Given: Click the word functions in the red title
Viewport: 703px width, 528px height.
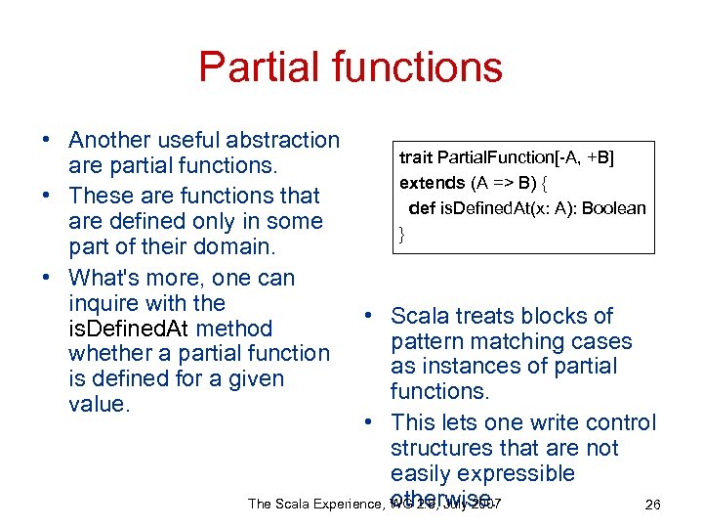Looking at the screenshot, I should (415, 66).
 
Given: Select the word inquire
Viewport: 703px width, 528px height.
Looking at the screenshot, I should (105, 303).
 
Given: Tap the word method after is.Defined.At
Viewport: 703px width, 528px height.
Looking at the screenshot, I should (233, 329).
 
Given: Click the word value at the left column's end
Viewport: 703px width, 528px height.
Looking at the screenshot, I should (98, 404).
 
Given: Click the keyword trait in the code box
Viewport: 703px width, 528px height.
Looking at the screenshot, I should (415, 157).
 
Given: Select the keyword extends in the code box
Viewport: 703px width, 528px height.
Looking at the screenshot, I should (432, 183).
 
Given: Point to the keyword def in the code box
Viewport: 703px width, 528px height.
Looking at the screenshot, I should (422, 207).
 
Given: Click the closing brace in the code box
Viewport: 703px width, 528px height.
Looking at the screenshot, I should (401, 233).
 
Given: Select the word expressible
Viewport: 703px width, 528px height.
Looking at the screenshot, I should (518, 473).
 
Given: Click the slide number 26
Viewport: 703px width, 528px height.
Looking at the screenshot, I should (653, 505).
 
